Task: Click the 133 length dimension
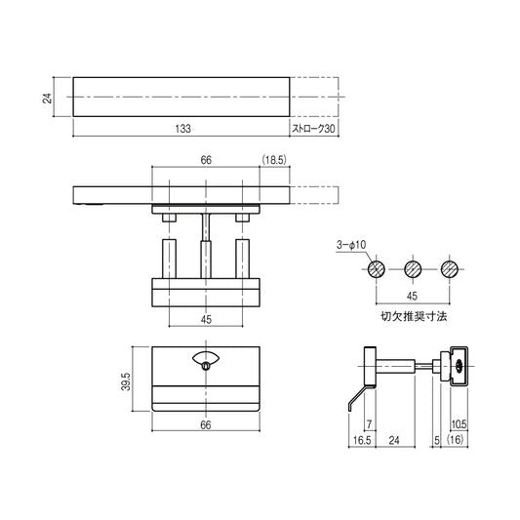pyautogui.click(x=181, y=129)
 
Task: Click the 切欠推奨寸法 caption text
pyautogui.click(x=413, y=316)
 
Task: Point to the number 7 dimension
pyautogui.click(x=370, y=425)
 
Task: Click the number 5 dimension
pyautogui.click(x=434, y=440)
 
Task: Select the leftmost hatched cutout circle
pyautogui.click(x=378, y=268)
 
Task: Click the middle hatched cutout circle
pyautogui.click(x=413, y=268)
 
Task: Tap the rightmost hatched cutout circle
pyautogui.click(x=448, y=268)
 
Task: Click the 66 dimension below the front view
pyautogui.click(x=205, y=424)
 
